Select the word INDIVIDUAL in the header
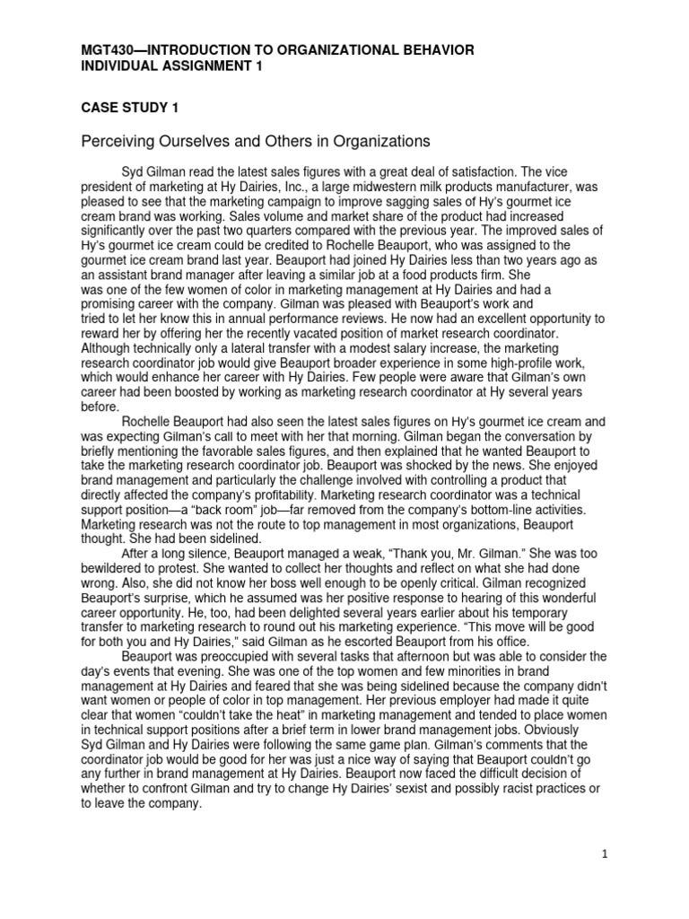121,66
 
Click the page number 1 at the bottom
605,854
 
